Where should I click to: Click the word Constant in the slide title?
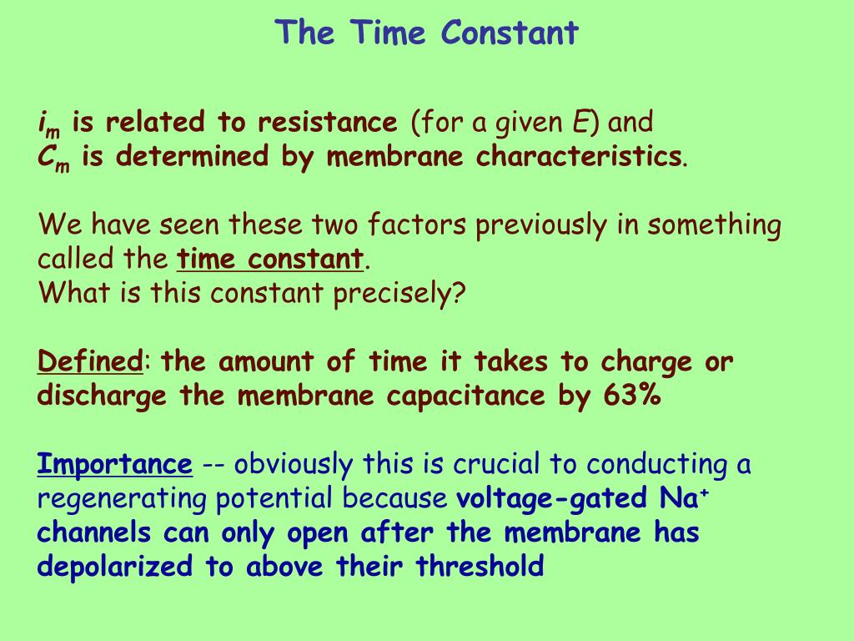pos(510,33)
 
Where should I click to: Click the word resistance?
pos(328,123)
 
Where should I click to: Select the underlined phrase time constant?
pos(271,259)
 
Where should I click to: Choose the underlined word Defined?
pos(90,362)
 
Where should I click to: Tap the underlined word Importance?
pos(115,464)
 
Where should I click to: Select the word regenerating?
pos(123,499)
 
